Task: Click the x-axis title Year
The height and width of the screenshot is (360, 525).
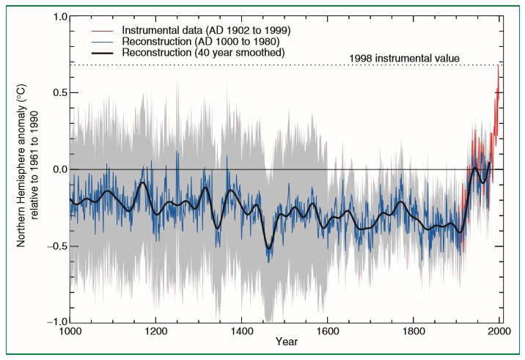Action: point(285,342)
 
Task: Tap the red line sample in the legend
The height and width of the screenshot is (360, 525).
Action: point(103,30)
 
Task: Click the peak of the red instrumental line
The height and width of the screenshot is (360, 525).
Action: point(498,65)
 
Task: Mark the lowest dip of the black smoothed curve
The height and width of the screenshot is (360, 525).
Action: point(268,249)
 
